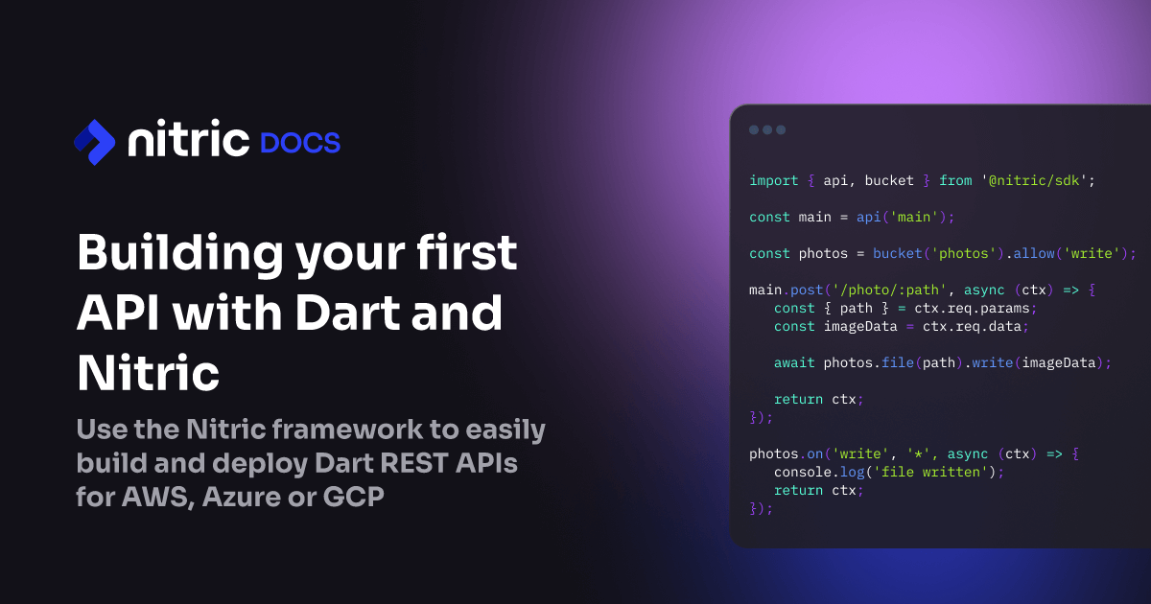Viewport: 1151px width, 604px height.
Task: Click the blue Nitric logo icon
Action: pyautogui.click(x=95, y=142)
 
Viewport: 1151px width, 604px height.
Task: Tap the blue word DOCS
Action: pyautogui.click(x=300, y=143)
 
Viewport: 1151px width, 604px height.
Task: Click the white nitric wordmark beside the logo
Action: pyautogui.click(x=189, y=138)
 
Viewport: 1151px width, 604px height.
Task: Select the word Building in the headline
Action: pyautogui.click(x=180, y=253)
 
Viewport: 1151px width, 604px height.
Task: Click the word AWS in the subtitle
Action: pyautogui.click(x=155, y=497)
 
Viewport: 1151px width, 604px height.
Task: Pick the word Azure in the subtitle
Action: pyautogui.click(x=241, y=497)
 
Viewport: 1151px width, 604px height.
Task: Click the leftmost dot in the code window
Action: pyautogui.click(x=754, y=130)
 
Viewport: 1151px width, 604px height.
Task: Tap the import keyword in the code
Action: pyautogui.click(x=774, y=181)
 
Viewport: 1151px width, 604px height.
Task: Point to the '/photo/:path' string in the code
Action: pyautogui.click(x=889, y=290)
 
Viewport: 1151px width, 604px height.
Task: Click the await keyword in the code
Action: pyautogui.click(x=794, y=363)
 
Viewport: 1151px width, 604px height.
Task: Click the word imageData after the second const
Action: pyautogui.click(x=860, y=327)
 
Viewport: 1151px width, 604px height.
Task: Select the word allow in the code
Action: pyautogui.click(x=1034, y=254)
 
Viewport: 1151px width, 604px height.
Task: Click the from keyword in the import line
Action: pyautogui.click(x=955, y=181)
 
